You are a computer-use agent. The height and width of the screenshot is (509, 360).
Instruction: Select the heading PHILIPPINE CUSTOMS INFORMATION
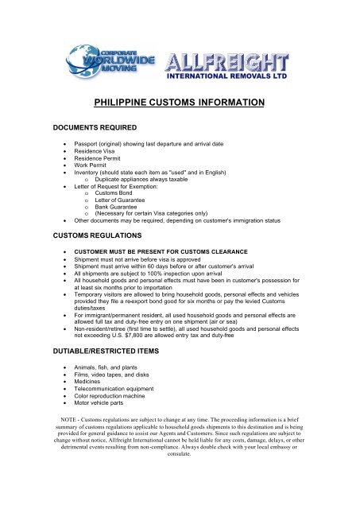[180, 103]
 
